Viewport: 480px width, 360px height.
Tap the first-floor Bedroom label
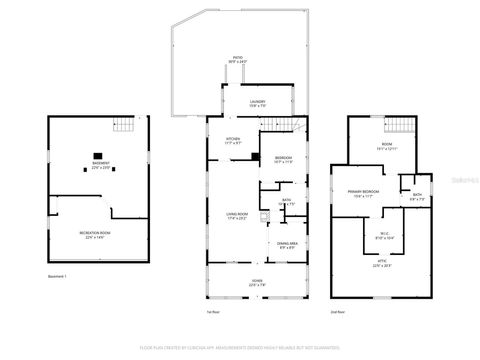(283, 159)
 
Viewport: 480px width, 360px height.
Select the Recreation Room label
(95, 235)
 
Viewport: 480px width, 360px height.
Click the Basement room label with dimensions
(101, 165)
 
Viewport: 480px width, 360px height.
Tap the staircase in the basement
(123, 125)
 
